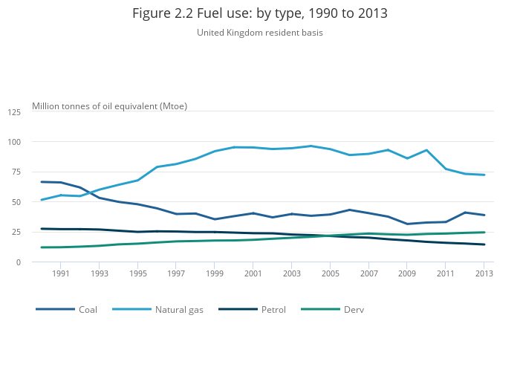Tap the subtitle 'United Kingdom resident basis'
pyautogui.click(x=260, y=33)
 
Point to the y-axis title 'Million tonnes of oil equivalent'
pyautogui.click(x=109, y=106)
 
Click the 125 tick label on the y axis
pyautogui.click(x=15, y=112)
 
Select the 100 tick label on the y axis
pyautogui.click(x=15, y=142)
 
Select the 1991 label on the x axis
pyautogui.click(x=61, y=273)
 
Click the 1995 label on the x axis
pyautogui.click(x=137, y=273)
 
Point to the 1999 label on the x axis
pyautogui.click(x=215, y=273)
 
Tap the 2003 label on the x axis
pyautogui.click(x=292, y=273)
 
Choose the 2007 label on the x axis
pyautogui.click(x=368, y=273)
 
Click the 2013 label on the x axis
pyautogui.click(x=484, y=273)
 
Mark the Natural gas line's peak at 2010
pyautogui.click(x=426, y=150)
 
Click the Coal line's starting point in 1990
pyautogui.click(x=42, y=182)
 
